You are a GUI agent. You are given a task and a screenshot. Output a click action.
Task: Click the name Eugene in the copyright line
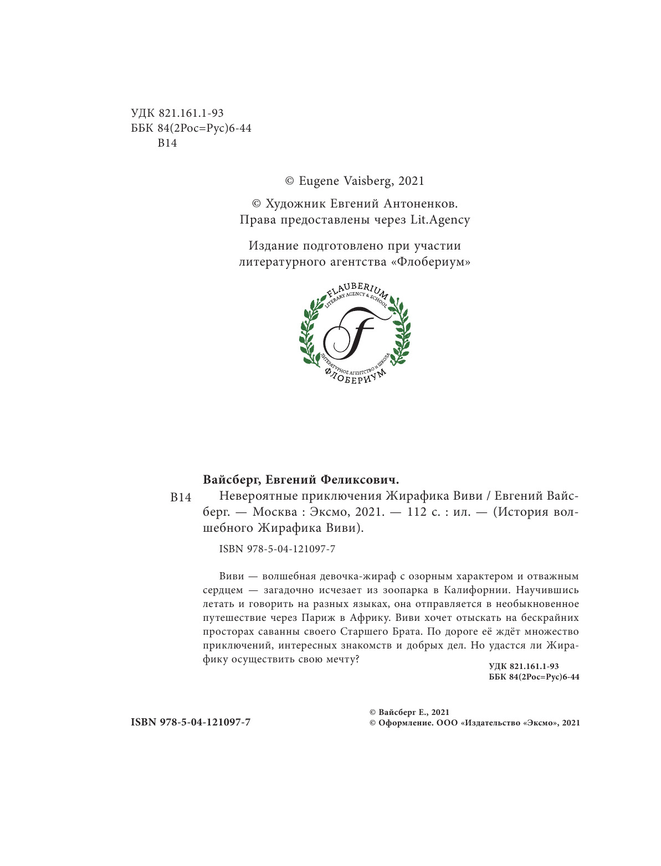(320, 181)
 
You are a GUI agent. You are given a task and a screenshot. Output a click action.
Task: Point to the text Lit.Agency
(440, 220)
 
